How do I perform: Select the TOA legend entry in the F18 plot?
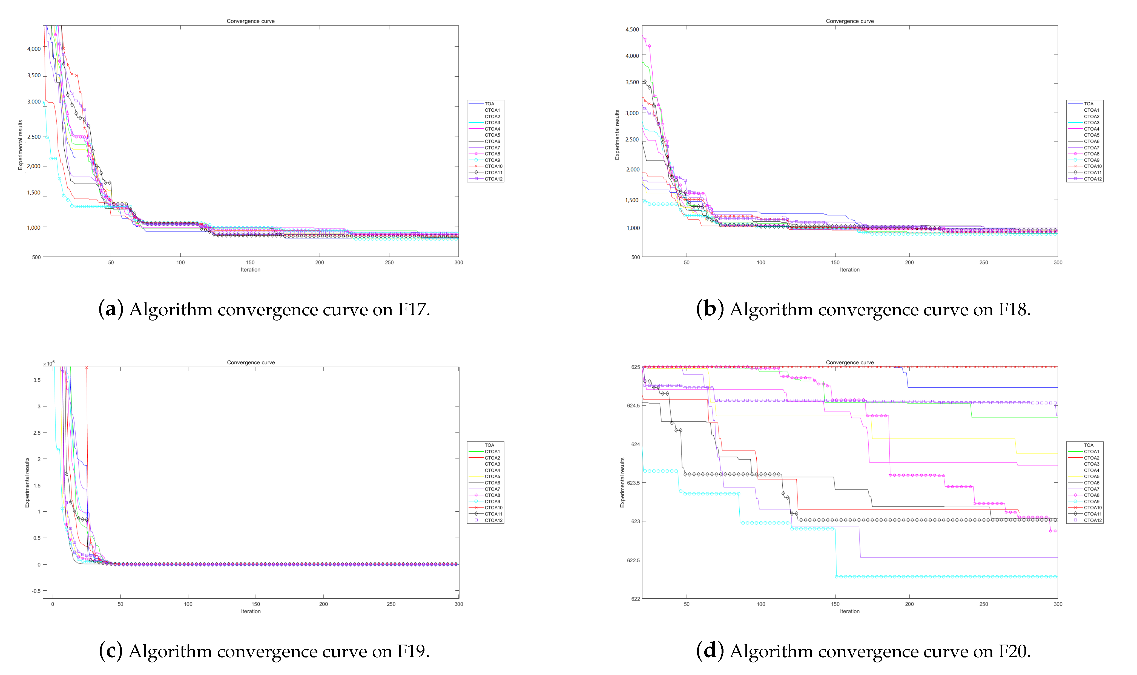point(1088,104)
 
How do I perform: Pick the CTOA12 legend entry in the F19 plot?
point(493,520)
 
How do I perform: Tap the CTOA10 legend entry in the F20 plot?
point(1092,507)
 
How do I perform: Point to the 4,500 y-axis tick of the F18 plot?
point(632,30)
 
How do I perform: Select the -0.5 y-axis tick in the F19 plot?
point(36,591)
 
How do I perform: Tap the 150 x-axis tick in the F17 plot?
point(250,262)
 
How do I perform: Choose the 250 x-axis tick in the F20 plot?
point(984,604)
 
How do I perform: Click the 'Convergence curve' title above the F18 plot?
point(849,21)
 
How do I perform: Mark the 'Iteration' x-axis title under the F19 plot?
point(251,611)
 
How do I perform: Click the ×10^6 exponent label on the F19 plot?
point(49,364)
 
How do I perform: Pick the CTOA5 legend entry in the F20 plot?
point(1091,476)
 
